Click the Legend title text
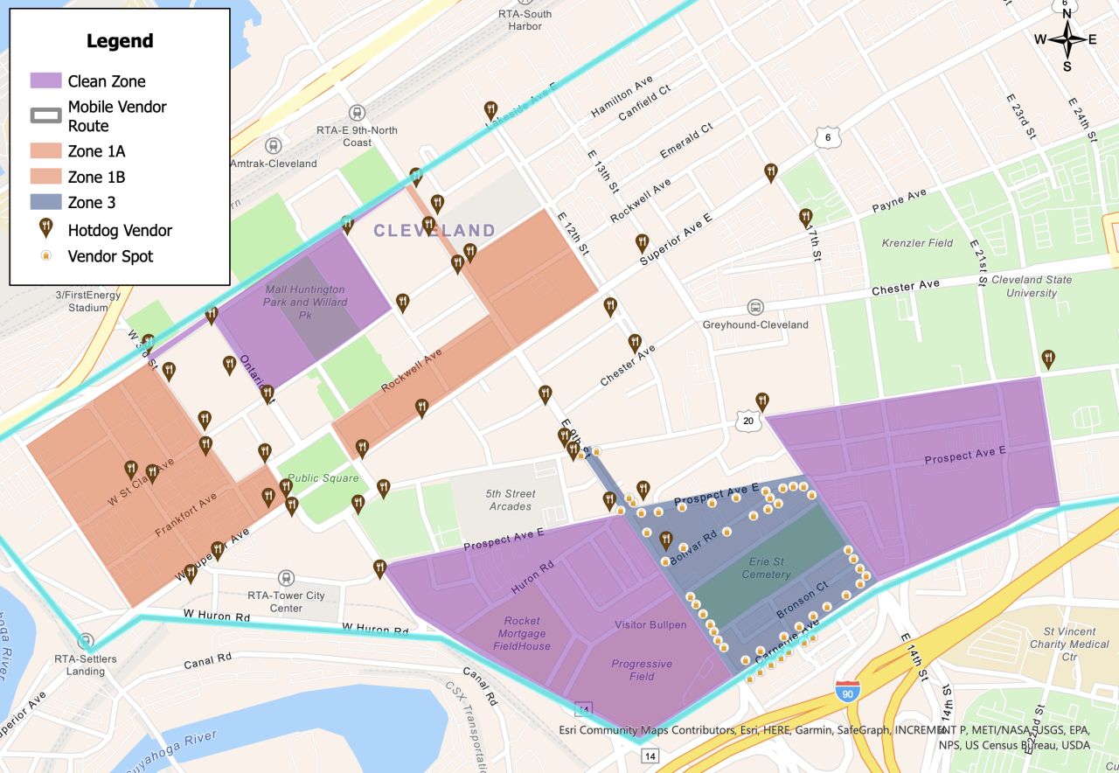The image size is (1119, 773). tap(120, 41)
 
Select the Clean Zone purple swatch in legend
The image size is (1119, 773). tap(45, 80)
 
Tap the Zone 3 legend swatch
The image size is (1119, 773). tap(45, 202)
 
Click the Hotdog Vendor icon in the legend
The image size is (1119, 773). tap(45, 229)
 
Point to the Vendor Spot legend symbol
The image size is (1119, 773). tap(45, 256)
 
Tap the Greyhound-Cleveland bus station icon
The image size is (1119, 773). tap(754, 307)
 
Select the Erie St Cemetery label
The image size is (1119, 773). tap(766, 568)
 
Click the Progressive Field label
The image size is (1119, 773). tap(642, 670)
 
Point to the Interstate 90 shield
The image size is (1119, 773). tap(844, 691)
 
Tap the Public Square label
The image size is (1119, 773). tap(323, 478)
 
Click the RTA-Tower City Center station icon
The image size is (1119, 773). tap(285, 578)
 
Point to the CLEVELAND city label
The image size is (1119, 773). tap(434, 231)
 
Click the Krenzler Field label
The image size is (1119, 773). tap(917, 242)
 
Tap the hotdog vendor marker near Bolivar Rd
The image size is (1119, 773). tap(665, 540)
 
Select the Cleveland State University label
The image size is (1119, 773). tap(1032, 286)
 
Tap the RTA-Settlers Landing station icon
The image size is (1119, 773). tap(85, 641)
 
